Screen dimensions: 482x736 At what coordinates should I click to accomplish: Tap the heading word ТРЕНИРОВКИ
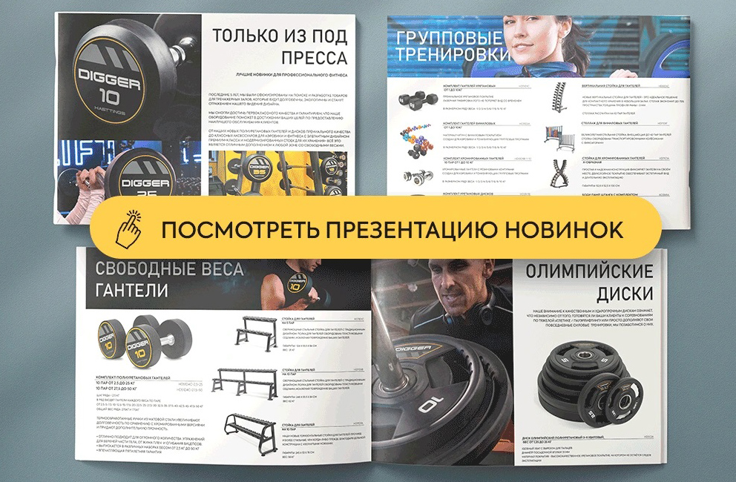(x=453, y=55)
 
